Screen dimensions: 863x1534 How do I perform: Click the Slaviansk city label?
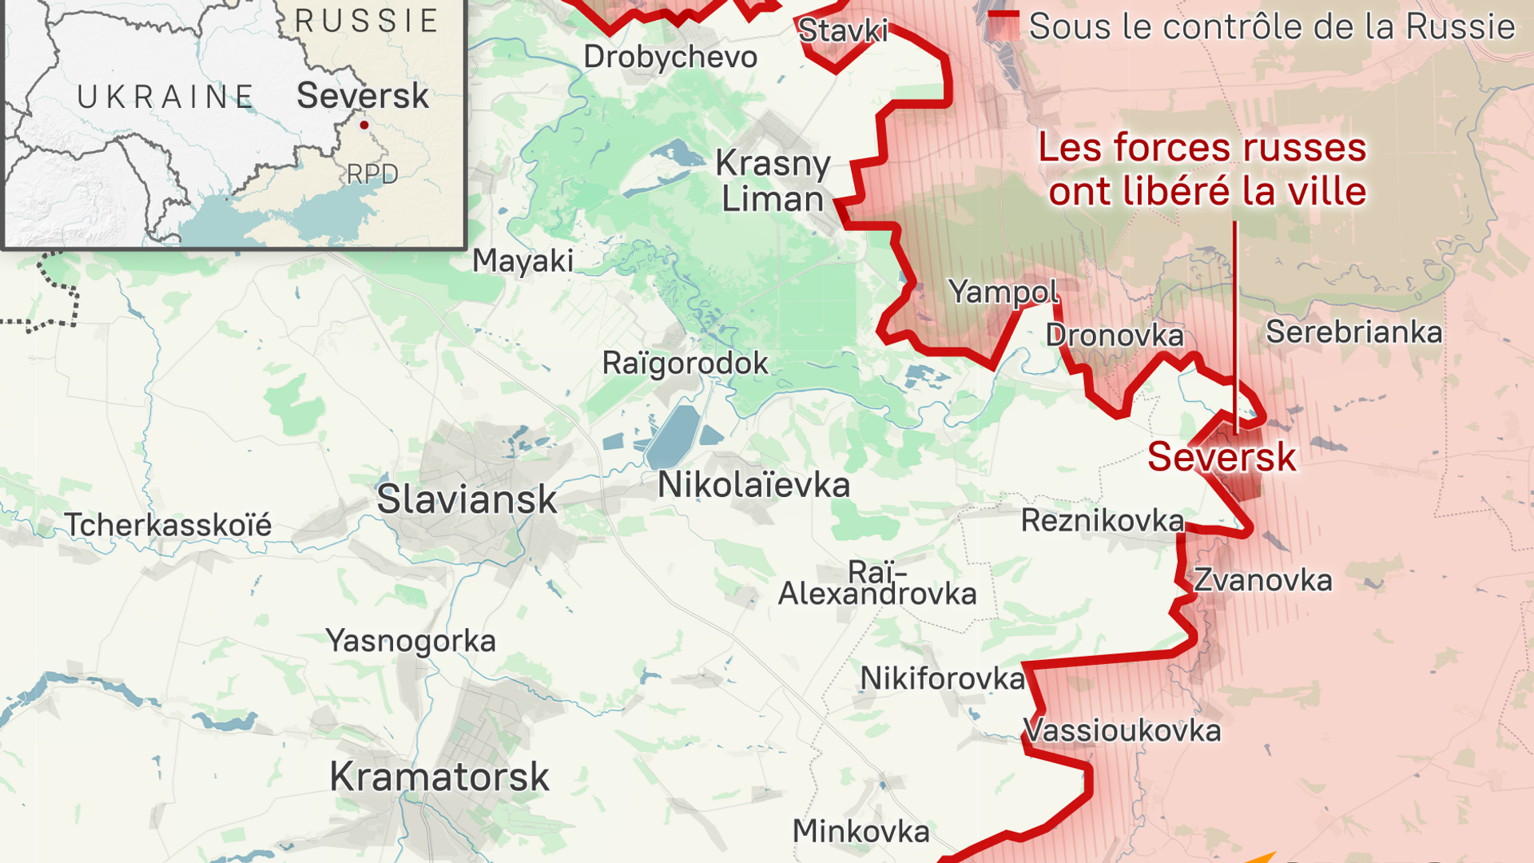467,499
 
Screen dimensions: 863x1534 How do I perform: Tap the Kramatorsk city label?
439,777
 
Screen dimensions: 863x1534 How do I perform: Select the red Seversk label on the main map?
1222,457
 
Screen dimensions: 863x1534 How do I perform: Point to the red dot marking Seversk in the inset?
364,125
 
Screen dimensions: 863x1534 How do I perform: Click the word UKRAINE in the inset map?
165,97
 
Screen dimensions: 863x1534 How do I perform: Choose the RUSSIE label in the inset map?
367,21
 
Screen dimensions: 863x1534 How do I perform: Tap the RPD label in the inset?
372,174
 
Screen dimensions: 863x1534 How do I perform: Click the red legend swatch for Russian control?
1003,26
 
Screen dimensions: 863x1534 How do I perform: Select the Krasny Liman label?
773,181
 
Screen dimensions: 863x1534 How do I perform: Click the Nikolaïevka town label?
753,485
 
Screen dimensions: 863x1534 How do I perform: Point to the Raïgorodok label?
685,364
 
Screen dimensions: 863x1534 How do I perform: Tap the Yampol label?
1003,292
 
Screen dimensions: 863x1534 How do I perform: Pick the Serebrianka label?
1353,332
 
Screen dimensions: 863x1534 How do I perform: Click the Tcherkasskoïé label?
168,525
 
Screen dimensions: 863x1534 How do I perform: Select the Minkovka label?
860,832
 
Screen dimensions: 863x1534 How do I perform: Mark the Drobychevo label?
670,57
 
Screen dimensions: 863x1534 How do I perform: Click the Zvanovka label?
1262,580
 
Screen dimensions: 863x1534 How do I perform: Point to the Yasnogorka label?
411,641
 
